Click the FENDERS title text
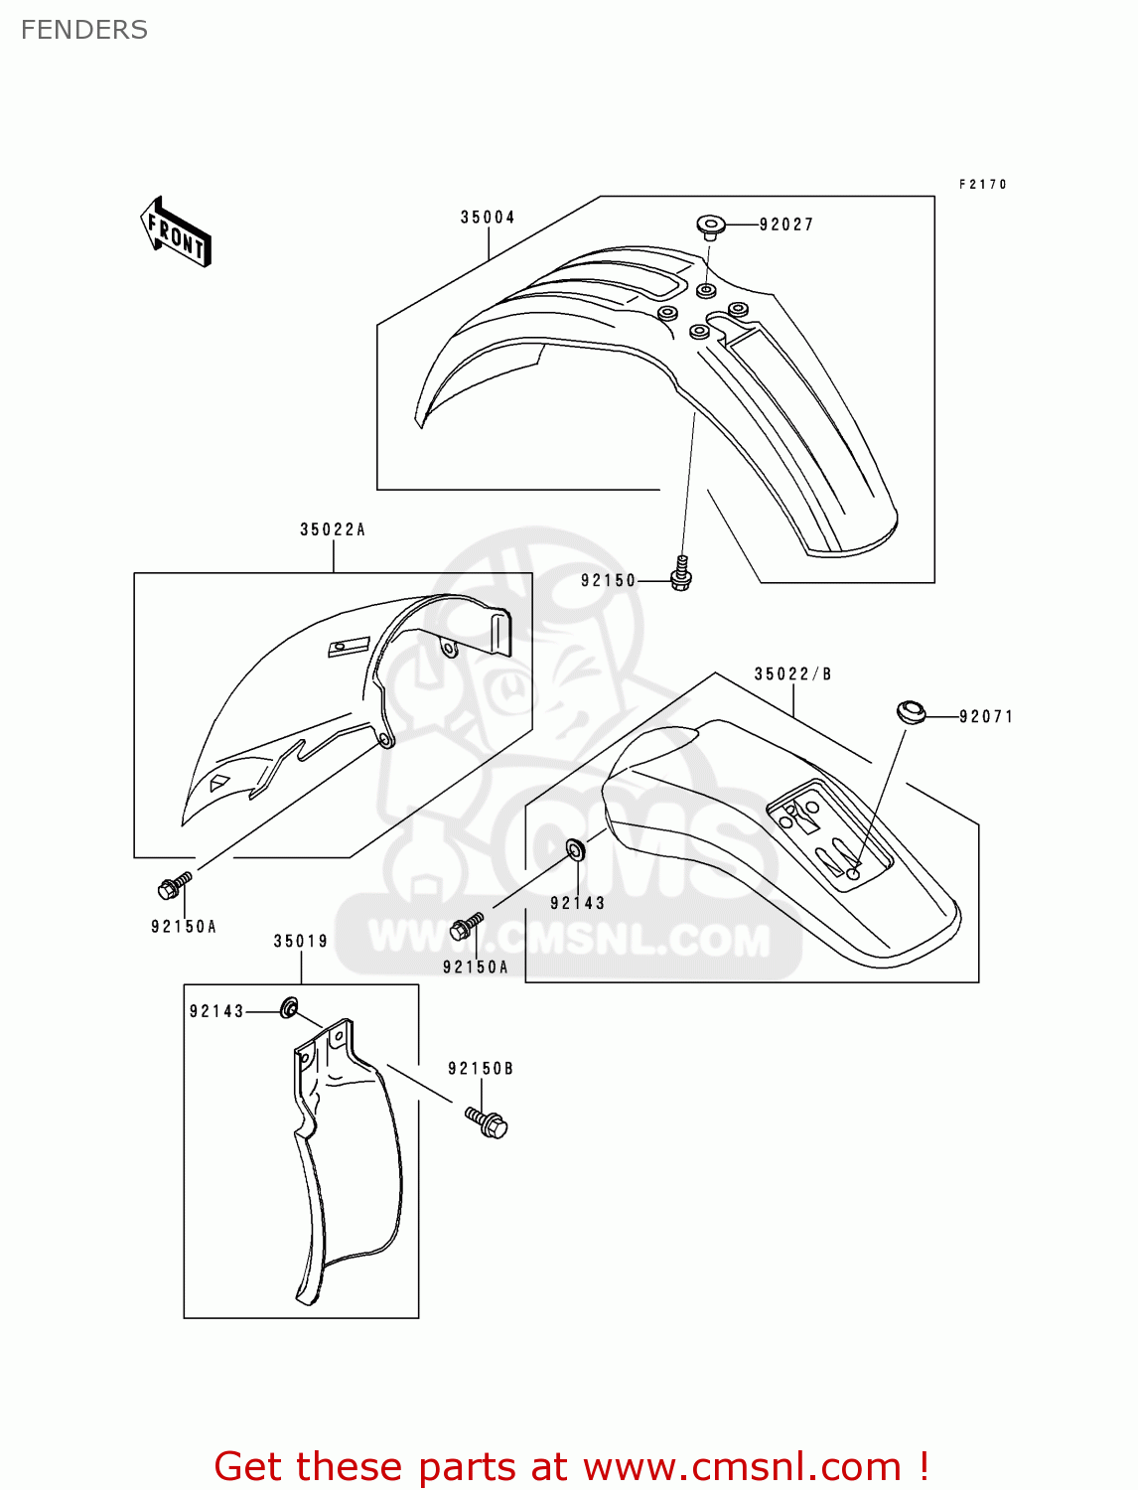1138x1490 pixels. [84, 30]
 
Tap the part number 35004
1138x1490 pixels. [488, 218]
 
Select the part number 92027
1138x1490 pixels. [786, 224]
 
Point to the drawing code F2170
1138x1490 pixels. [983, 185]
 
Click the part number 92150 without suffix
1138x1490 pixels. [608, 581]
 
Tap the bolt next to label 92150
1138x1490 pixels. [681, 573]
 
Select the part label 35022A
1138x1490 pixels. [333, 530]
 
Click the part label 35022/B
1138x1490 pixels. [792, 674]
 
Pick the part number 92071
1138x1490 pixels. [986, 716]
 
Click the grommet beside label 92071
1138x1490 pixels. [910, 712]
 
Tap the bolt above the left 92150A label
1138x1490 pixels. [174, 884]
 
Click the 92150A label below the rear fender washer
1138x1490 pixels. [475, 968]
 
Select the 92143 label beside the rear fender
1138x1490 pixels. [577, 903]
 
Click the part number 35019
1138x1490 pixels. [301, 942]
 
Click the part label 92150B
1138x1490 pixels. [481, 1069]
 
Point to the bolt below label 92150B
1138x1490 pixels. [487, 1122]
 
